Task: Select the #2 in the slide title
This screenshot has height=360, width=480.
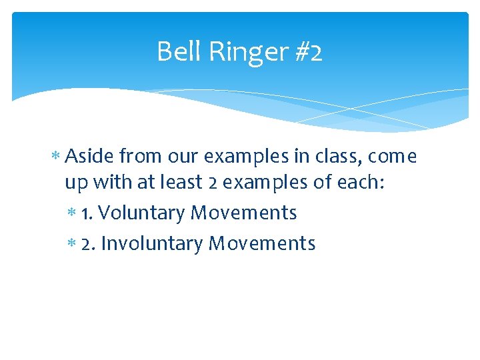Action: click(x=307, y=52)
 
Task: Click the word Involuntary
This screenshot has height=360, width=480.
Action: click(x=152, y=243)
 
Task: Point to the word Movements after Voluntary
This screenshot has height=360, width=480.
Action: click(x=243, y=213)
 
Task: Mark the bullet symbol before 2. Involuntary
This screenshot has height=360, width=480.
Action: click(x=71, y=244)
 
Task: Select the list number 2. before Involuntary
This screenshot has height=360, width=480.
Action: click(x=88, y=243)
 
